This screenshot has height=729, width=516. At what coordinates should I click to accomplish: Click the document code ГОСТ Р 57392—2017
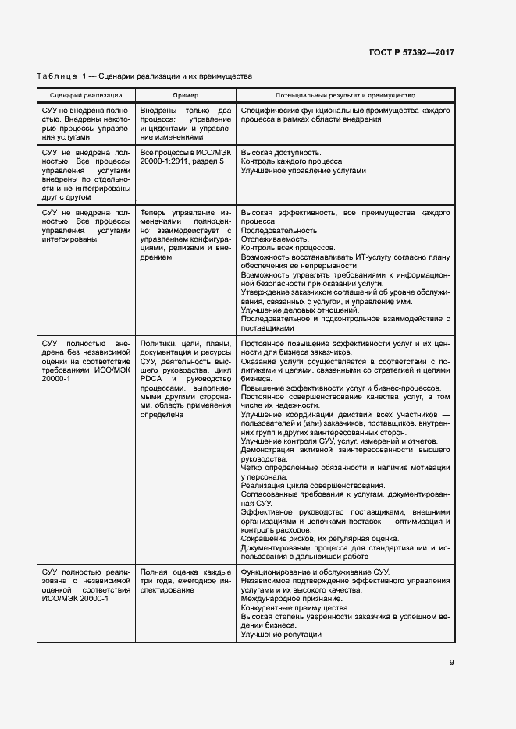pyautogui.click(x=411, y=53)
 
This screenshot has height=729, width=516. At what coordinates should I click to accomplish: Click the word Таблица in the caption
pyautogui.click(x=57, y=76)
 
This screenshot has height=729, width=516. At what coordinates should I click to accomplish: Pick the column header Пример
pyautogui.click(x=185, y=94)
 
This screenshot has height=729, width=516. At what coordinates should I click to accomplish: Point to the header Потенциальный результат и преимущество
pyautogui.click(x=344, y=94)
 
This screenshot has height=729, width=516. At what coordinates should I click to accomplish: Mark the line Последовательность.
pyautogui.click(x=279, y=231)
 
